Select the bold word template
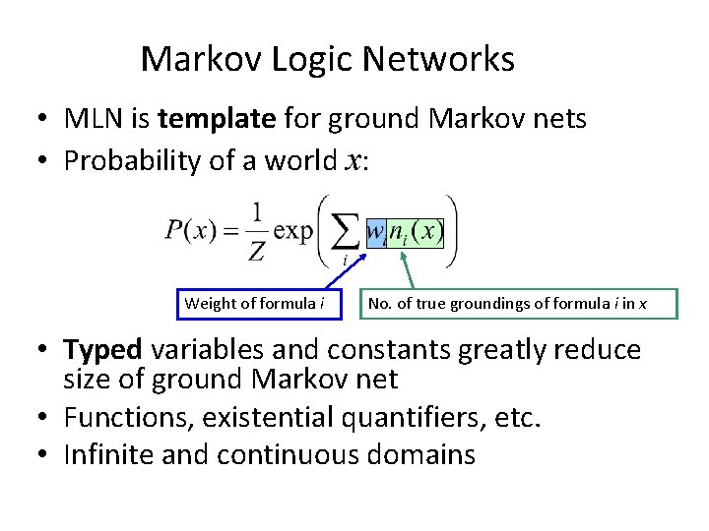[217, 120]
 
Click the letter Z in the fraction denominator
[256, 251]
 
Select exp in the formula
[292, 233]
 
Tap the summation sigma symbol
[343, 234]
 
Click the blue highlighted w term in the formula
[375, 233]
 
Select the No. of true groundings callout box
[519, 304]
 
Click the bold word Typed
[103, 350]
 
